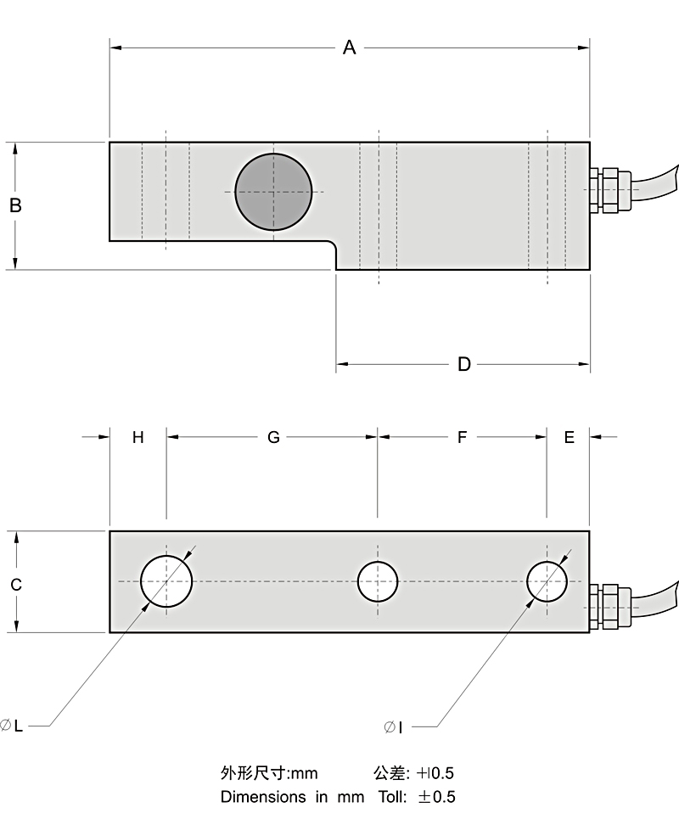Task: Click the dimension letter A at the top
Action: coord(349,48)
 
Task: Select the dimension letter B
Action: coord(15,205)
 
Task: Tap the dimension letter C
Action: coord(15,585)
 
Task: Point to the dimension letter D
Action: coord(463,365)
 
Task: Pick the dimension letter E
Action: coord(569,437)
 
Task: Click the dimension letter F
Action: coord(463,437)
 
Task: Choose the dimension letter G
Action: coord(273,437)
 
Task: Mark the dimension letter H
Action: coord(138,437)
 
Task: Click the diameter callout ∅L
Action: coord(12,726)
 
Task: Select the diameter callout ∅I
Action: coord(393,726)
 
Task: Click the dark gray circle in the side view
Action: coord(273,192)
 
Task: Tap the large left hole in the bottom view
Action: coord(166,581)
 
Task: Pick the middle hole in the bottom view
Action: coord(378,581)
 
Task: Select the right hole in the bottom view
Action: coord(547,581)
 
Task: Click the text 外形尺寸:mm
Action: coord(268,773)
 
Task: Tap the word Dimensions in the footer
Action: coord(263,797)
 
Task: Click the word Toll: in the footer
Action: coord(390,797)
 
